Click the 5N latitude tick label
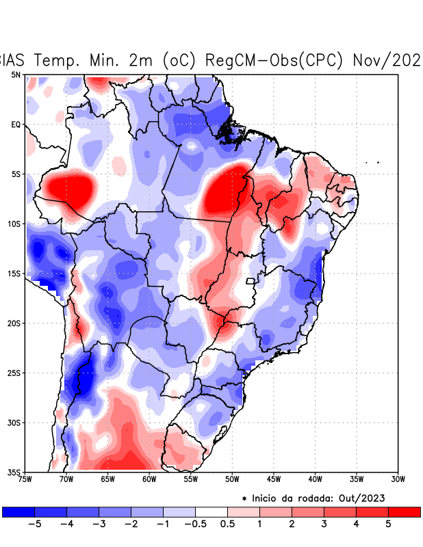point(16,75)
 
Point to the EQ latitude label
point(16,124)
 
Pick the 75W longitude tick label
point(25,479)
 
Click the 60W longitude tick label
point(149,479)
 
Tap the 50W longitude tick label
point(232,479)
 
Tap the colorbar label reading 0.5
point(228,524)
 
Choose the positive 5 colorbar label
point(389,524)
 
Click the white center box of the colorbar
point(211,511)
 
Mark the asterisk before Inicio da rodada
point(244,499)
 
